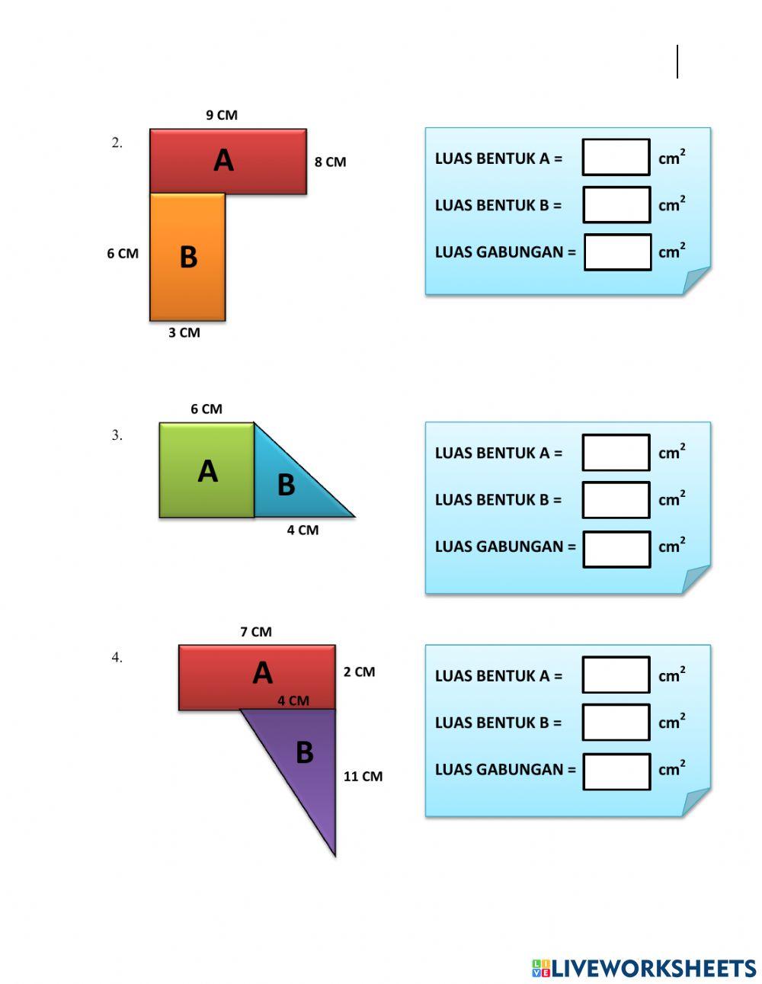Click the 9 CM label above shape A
(222, 115)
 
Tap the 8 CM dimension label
(330, 162)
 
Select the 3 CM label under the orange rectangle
(184, 332)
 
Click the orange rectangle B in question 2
(187, 256)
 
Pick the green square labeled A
(207, 470)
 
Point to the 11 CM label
(363, 777)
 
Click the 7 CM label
(256, 632)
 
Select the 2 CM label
(359, 671)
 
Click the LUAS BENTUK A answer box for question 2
(616, 158)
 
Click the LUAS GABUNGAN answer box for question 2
(617, 252)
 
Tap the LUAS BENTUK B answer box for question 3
(616, 500)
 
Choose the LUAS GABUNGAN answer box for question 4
(616, 771)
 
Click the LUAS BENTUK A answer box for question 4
(616, 675)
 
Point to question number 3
(117, 436)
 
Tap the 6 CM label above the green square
(207, 409)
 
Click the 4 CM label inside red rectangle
(293, 700)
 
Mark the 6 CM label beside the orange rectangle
(123, 253)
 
